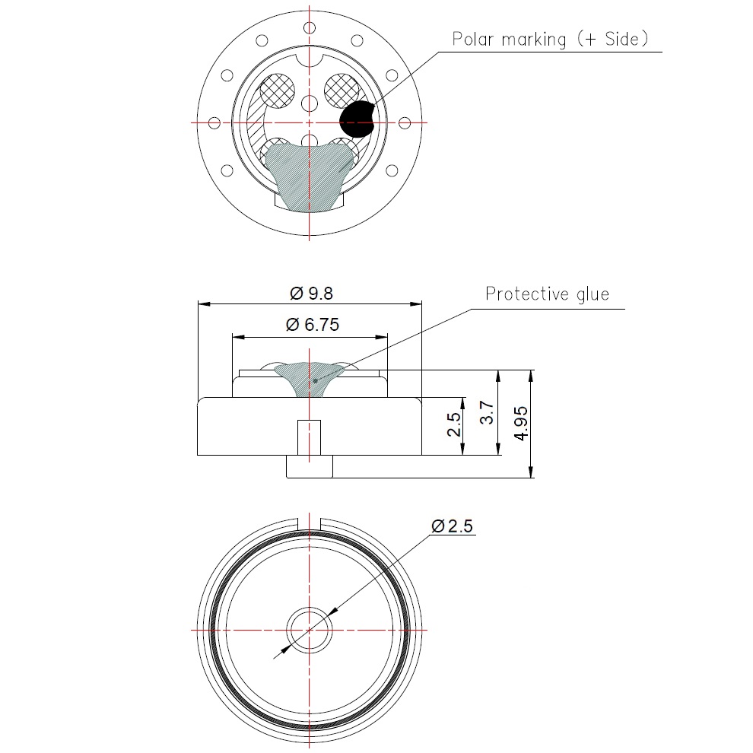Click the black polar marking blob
click(355, 119)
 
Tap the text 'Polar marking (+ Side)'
click(550, 39)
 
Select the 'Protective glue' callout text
click(547, 294)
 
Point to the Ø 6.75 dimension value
click(312, 325)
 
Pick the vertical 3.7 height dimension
click(488, 413)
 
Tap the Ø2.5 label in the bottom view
click(452, 526)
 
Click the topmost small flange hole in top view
click(309, 28)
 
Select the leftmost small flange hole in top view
click(214, 122)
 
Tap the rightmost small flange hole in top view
click(404, 122)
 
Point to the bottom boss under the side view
click(309, 466)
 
